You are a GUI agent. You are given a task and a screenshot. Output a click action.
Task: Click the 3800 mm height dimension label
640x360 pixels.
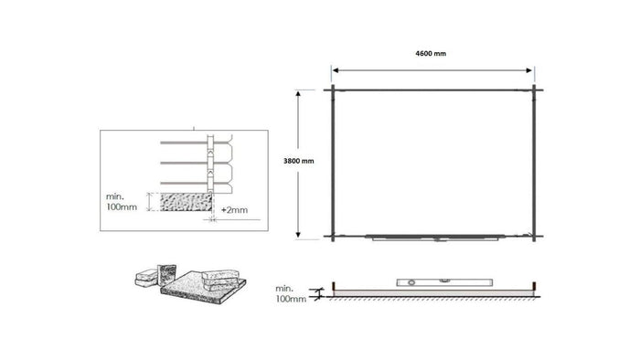pos(299,161)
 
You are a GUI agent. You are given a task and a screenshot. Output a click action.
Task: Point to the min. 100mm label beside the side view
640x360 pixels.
pos(291,294)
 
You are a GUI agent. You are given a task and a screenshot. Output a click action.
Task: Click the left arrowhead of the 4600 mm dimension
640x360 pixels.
pos(336,69)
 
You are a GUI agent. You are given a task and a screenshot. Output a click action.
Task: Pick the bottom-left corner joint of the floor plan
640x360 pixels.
pos(335,236)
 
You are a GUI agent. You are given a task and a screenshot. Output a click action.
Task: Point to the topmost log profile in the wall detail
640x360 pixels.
pos(197,144)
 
